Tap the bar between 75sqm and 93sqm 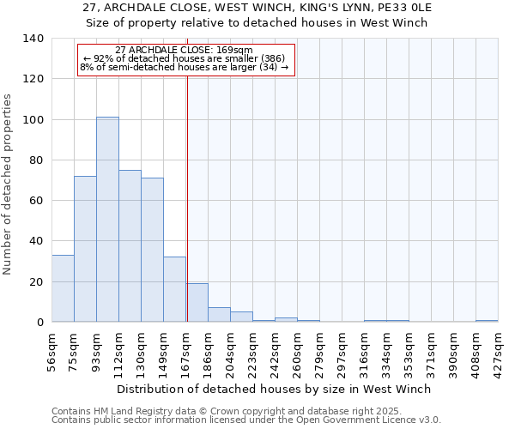85,249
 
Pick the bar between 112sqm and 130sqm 130,246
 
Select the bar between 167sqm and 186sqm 197,303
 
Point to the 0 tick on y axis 39,323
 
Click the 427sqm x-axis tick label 499,350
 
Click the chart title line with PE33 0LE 257,8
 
